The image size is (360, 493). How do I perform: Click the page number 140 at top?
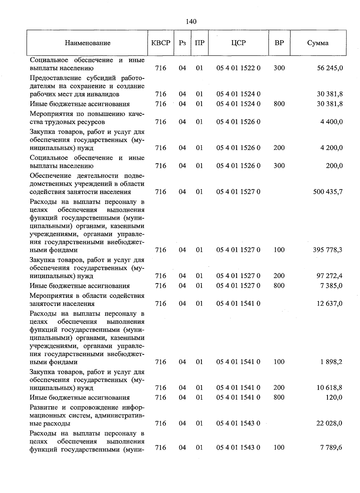(191, 21)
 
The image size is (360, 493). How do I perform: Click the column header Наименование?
(88, 43)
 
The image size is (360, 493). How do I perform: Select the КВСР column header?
(161, 43)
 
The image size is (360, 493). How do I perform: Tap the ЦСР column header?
(238, 43)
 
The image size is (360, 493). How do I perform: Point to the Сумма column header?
(318, 43)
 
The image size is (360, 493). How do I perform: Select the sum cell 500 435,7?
(328, 192)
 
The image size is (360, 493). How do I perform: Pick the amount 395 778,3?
(328, 250)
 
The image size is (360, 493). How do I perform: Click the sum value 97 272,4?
(329, 276)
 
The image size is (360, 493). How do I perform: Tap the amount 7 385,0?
(331, 286)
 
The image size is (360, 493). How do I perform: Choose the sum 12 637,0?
(329, 304)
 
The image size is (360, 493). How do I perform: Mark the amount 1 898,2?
(331, 362)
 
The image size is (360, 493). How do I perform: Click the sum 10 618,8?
(329, 388)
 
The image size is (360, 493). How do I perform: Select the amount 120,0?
(334, 398)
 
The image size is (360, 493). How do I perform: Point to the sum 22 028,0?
(329, 423)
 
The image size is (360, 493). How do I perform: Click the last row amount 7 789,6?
(331, 447)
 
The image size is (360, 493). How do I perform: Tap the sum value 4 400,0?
(331, 122)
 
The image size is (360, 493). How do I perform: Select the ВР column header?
(279, 43)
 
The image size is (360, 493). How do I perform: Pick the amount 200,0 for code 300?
(334, 166)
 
